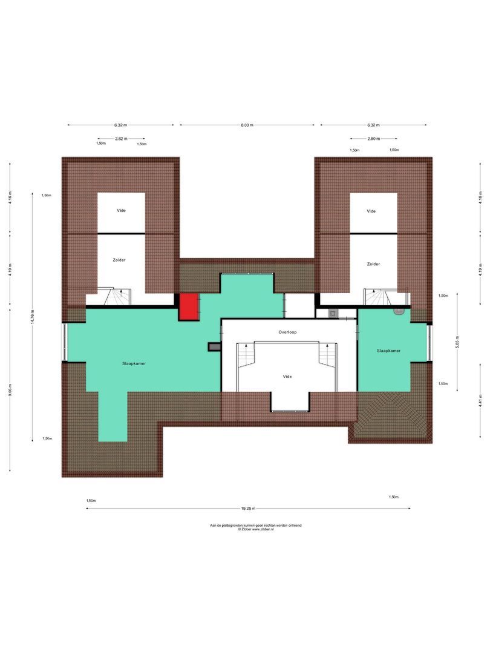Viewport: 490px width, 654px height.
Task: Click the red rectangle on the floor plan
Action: coord(189,306)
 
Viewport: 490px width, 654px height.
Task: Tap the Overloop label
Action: coord(287,332)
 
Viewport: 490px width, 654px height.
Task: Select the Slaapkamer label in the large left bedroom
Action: coord(134,364)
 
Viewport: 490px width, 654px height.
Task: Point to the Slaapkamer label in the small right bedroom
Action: coord(388,350)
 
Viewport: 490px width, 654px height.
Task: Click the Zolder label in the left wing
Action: coord(119,259)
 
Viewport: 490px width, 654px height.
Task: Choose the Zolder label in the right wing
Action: coord(373,264)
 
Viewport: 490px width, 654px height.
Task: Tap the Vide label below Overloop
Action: coord(287,376)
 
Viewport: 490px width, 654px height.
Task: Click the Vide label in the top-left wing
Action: coord(121,211)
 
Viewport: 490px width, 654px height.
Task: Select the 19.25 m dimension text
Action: coord(247,509)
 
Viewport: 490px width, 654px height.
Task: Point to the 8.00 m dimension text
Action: coord(247,125)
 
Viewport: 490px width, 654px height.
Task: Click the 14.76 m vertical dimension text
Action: coord(34,317)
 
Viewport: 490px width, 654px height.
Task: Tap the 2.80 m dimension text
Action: coord(373,139)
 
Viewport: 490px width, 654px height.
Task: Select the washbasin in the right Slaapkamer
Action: coord(397,311)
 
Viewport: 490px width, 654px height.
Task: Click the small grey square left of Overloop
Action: coord(213,346)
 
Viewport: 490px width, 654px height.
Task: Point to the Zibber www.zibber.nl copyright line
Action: coord(255,529)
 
